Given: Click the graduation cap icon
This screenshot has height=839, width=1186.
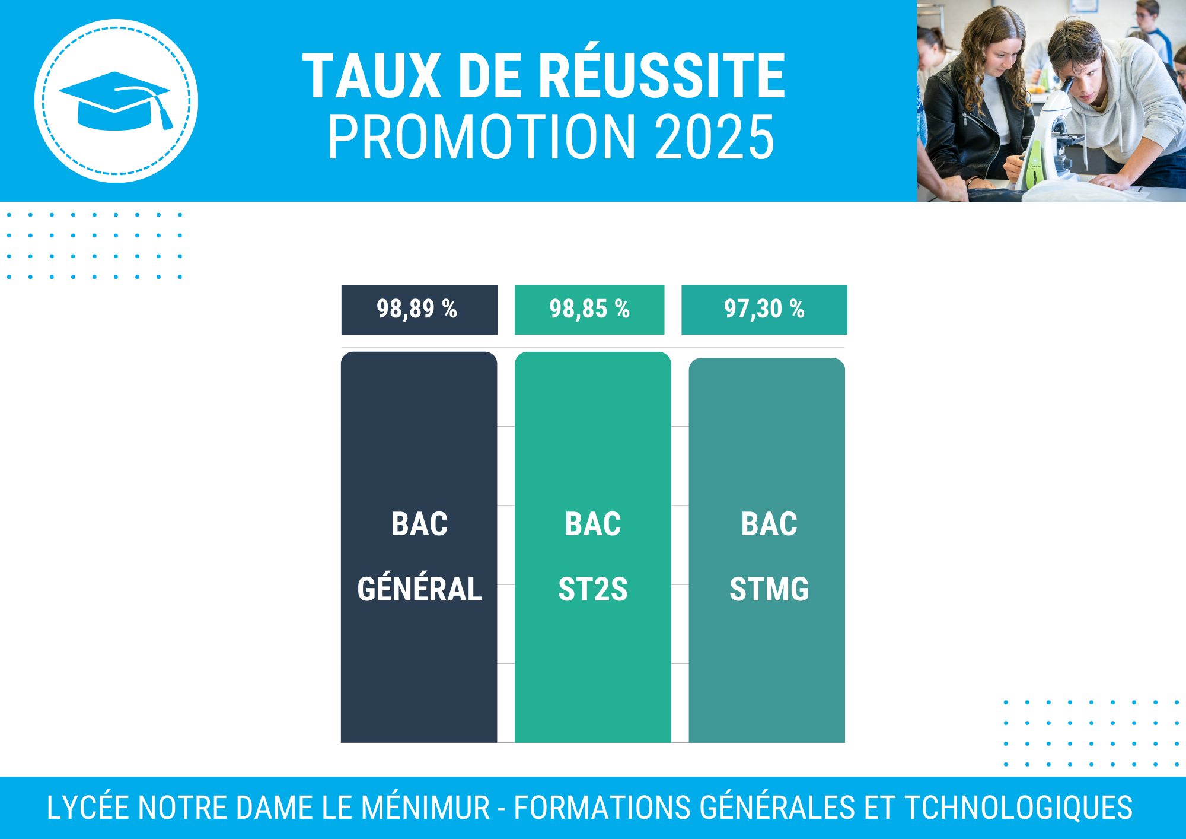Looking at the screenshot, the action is pos(116,101).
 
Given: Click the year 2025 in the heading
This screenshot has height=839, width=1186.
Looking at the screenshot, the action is pos(715,137).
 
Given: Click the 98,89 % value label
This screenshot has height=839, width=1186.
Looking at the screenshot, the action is pos(417,309).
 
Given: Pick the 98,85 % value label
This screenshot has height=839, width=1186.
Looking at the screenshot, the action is pos(589,309).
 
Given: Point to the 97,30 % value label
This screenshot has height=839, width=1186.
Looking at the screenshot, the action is pos(764,309).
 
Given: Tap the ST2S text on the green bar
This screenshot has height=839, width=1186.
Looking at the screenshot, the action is pos(593,589).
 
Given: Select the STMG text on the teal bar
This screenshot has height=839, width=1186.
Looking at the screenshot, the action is pos(769,589).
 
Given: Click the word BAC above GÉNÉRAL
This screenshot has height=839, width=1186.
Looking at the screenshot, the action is pos(419,524).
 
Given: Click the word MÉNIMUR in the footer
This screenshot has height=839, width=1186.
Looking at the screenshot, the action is pos(425,808).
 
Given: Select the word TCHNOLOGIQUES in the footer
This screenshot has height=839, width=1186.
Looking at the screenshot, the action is pos(1018,808).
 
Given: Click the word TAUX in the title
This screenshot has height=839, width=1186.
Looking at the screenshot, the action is pos(372,75).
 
